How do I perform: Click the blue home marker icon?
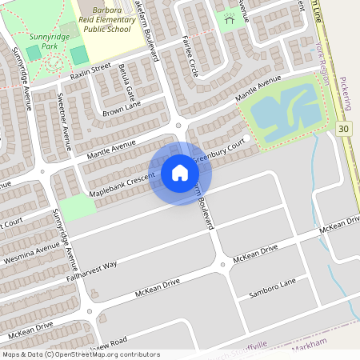pos(180,173)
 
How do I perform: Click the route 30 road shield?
pos(343,128)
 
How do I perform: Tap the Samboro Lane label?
pos(272,287)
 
